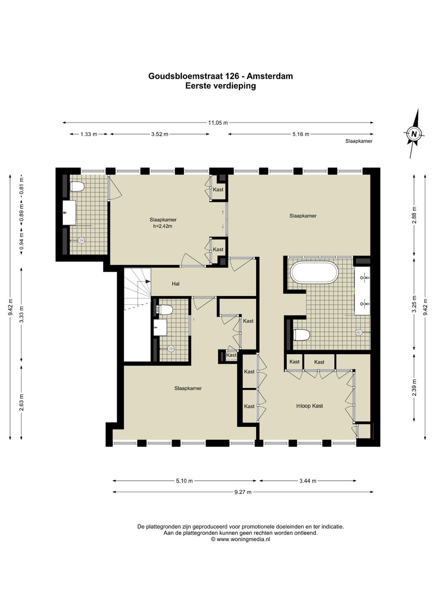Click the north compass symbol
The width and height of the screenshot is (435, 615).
point(414,134)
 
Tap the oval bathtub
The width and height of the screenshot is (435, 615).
point(315,272)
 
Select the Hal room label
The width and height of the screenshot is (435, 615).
point(176,284)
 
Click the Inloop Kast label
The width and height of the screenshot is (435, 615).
point(309,406)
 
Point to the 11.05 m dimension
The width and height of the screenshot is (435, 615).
point(218,123)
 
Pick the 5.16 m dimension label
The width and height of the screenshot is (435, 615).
point(301,134)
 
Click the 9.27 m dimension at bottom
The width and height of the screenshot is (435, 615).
point(243,492)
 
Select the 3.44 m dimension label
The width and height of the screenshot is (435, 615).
point(308,481)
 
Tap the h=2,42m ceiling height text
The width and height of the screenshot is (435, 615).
point(163,226)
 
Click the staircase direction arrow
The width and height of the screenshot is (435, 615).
point(148,281)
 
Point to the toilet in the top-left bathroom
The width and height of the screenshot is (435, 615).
point(77,187)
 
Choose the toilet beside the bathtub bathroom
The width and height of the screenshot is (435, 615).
point(302,335)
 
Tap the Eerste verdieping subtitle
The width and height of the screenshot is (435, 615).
point(221,86)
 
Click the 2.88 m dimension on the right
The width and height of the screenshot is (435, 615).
point(414,215)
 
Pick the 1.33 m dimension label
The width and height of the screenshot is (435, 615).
point(88,134)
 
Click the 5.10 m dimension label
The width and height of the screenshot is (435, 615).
point(184,481)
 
